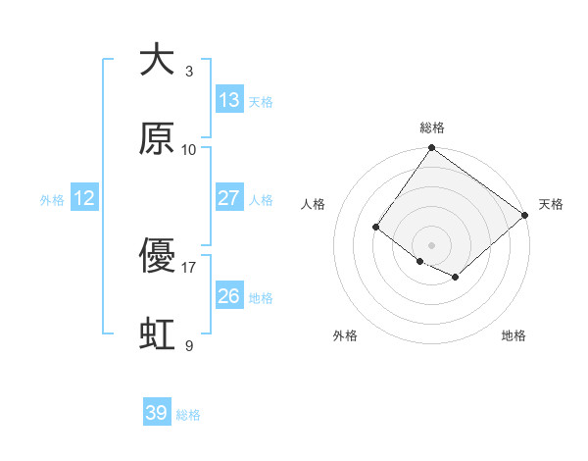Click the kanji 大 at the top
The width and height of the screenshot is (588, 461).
157,61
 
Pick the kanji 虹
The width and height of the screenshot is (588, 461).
157,333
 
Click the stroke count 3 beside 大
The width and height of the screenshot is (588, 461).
189,72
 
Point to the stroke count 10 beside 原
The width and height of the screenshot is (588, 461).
189,149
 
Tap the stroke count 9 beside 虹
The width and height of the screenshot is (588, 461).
189,345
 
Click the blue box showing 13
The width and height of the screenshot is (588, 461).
229,100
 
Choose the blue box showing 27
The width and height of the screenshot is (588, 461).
229,198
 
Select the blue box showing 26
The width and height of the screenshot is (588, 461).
229,296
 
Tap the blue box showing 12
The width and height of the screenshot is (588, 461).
84,198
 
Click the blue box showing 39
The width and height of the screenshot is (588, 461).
157,413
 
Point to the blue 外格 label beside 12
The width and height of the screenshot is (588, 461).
52,199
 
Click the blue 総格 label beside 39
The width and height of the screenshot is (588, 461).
188,415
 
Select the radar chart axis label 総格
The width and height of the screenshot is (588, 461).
432,128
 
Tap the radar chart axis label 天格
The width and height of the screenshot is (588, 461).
551,204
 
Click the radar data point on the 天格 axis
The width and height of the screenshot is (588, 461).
525,215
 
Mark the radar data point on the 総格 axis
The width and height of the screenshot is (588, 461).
431,149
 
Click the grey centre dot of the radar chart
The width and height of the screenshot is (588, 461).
431,244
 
